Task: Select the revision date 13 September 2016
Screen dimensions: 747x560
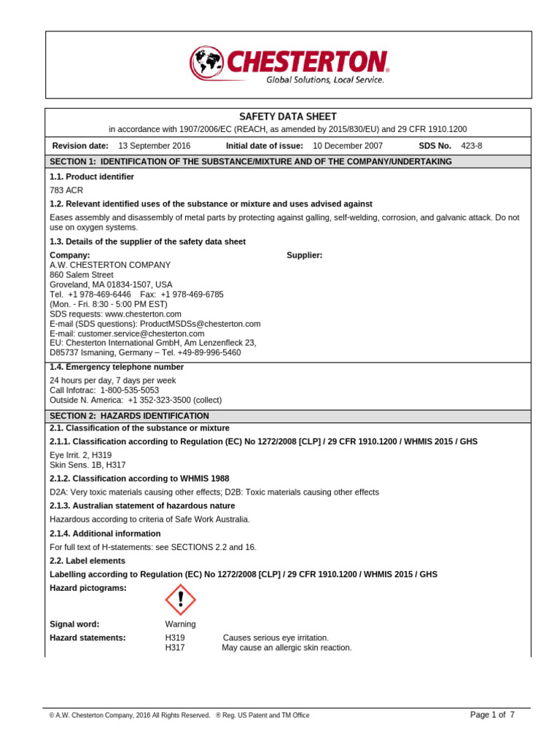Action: pos(154,146)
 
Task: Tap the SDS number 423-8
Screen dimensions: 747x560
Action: pos(472,146)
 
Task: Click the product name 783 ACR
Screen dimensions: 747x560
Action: pos(66,190)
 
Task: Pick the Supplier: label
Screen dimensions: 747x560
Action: pos(305,255)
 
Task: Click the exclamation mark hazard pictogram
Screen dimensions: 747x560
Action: pos(180,600)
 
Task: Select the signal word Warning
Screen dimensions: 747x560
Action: pos(181,624)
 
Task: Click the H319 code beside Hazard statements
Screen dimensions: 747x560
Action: pos(175,638)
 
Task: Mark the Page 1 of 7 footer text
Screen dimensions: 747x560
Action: pos(492,715)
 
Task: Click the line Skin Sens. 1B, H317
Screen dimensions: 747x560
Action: pos(86,464)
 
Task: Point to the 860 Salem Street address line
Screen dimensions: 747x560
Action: pos(82,275)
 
